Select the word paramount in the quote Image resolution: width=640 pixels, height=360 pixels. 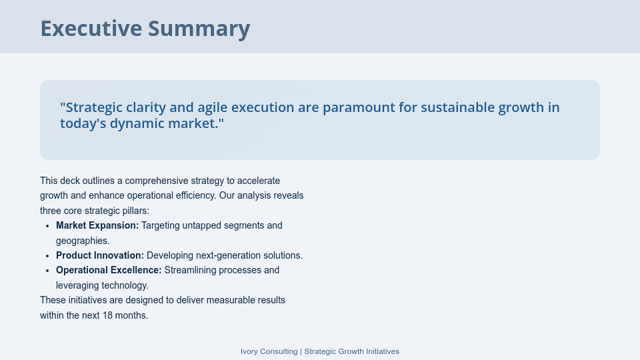tap(364, 107)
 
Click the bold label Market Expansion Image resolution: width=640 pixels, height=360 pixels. tap(97, 225)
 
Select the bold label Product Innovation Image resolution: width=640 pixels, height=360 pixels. tap(100, 255)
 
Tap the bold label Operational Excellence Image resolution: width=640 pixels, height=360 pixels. tap(109, 270)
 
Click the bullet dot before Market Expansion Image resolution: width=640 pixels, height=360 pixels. tap(48, 226)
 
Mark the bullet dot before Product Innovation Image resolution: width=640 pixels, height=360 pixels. tap(48, 256)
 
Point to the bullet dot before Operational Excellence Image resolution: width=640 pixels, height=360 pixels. tap(48, 271)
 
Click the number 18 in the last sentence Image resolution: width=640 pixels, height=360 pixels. tap(107, 315)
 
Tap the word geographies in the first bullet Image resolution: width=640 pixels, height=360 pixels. tap(81, 241)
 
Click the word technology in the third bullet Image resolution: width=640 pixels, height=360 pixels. tap(124, 285)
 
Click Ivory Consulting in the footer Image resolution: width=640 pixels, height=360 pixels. tap(269, 351)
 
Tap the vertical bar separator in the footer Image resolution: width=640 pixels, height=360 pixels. tap(301, 351)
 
